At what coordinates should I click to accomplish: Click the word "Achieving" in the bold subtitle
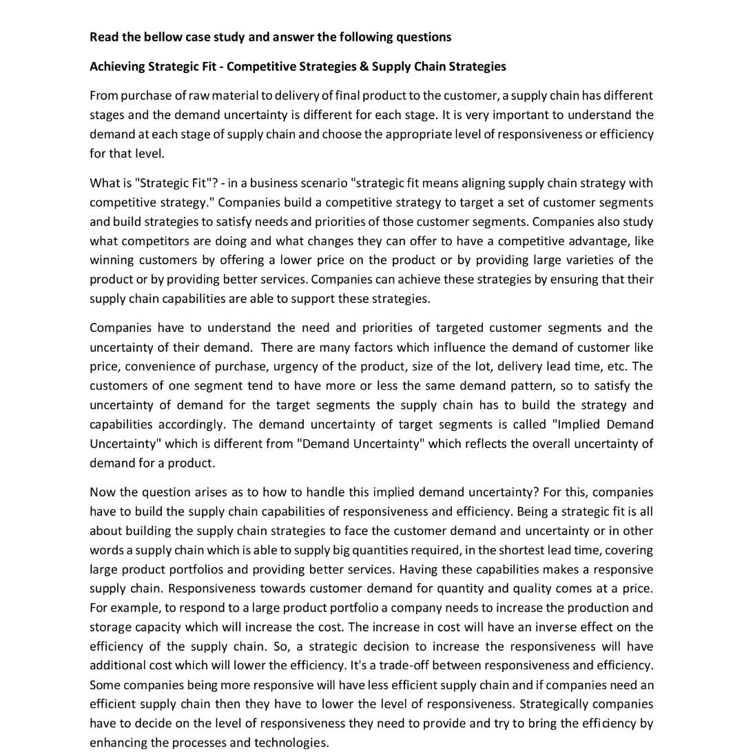(117, 66)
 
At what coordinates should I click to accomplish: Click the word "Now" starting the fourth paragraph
(102, 492)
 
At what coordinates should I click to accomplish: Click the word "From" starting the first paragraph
(103, 95)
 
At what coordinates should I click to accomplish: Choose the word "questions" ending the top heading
(424, 36)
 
